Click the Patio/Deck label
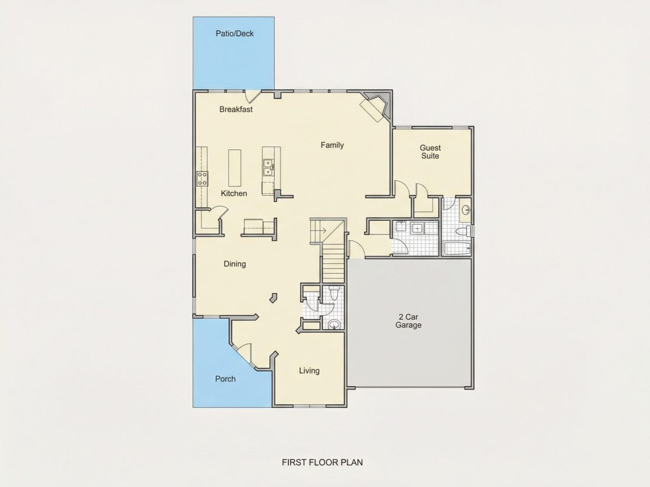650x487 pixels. (235, 34)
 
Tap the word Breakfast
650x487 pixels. (236, 109)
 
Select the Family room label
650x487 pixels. (332, 145)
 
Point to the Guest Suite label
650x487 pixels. (430, 152)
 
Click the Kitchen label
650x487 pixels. (234, 194)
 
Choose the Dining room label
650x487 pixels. (235, 264)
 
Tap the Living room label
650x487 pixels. (309, 371)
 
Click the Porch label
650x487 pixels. (225, 379)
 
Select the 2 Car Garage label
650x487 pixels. (408, 321)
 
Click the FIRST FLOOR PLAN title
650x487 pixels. (322, 462)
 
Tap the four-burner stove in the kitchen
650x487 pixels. (202, 178)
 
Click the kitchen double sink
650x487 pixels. (268, 167)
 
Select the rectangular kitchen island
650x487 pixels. (235, 168)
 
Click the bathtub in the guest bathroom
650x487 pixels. (457, 248)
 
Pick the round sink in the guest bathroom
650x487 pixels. (466, 210)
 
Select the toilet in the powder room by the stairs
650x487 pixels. (335, 292)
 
